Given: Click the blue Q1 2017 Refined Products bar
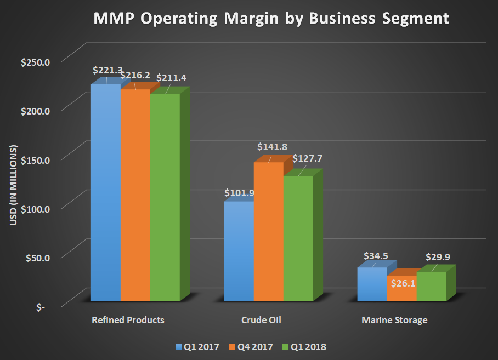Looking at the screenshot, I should (x=105, y=192).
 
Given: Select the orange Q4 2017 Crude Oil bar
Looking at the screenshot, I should (x=268, y=230).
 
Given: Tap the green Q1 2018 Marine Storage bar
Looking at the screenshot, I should (x=431, y=286).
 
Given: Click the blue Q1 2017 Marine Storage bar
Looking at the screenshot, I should (x=372, y=284).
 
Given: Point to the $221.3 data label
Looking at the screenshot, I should (x=106, y=71).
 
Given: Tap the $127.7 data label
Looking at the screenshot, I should (x=307, y=158).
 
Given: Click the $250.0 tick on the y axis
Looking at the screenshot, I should (x=36, y=62).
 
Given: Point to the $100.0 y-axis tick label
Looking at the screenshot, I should (x=36, y=209).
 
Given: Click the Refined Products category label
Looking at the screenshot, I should (x=128, y=320).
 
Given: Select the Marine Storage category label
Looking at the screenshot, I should (x=394, y=320).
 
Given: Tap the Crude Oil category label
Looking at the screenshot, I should (x=261, y=320).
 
